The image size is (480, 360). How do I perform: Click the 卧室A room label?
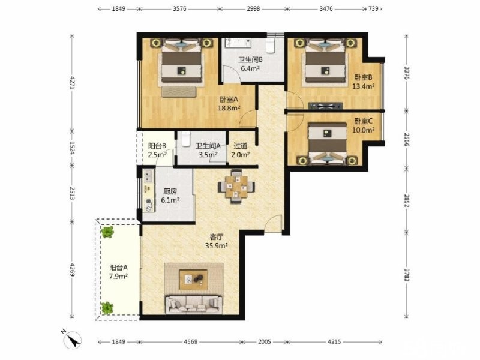229,100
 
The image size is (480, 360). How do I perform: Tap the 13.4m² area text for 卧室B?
364,86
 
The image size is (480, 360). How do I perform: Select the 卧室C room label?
364,121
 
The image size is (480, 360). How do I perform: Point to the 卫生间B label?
250,60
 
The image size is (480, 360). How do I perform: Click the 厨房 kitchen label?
170,191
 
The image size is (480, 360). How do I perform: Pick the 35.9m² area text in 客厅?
217,245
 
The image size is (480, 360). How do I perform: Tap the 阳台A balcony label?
118,268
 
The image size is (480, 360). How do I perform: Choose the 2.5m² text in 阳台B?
157,155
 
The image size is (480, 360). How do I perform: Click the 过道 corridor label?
241,146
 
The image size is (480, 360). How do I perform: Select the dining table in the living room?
236,187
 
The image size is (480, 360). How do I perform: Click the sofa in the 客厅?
193,304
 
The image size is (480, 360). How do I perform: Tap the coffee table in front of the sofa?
193,280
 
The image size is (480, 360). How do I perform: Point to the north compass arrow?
73,340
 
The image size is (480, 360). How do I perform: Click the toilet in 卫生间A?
185,139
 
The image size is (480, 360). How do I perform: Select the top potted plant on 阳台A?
107,232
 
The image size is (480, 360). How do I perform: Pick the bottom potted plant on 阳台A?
107,308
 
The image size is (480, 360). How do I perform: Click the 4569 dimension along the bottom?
190,341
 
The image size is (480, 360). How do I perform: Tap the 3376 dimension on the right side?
407,73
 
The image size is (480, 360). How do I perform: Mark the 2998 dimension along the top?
253,8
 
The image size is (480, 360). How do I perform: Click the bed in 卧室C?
327,143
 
